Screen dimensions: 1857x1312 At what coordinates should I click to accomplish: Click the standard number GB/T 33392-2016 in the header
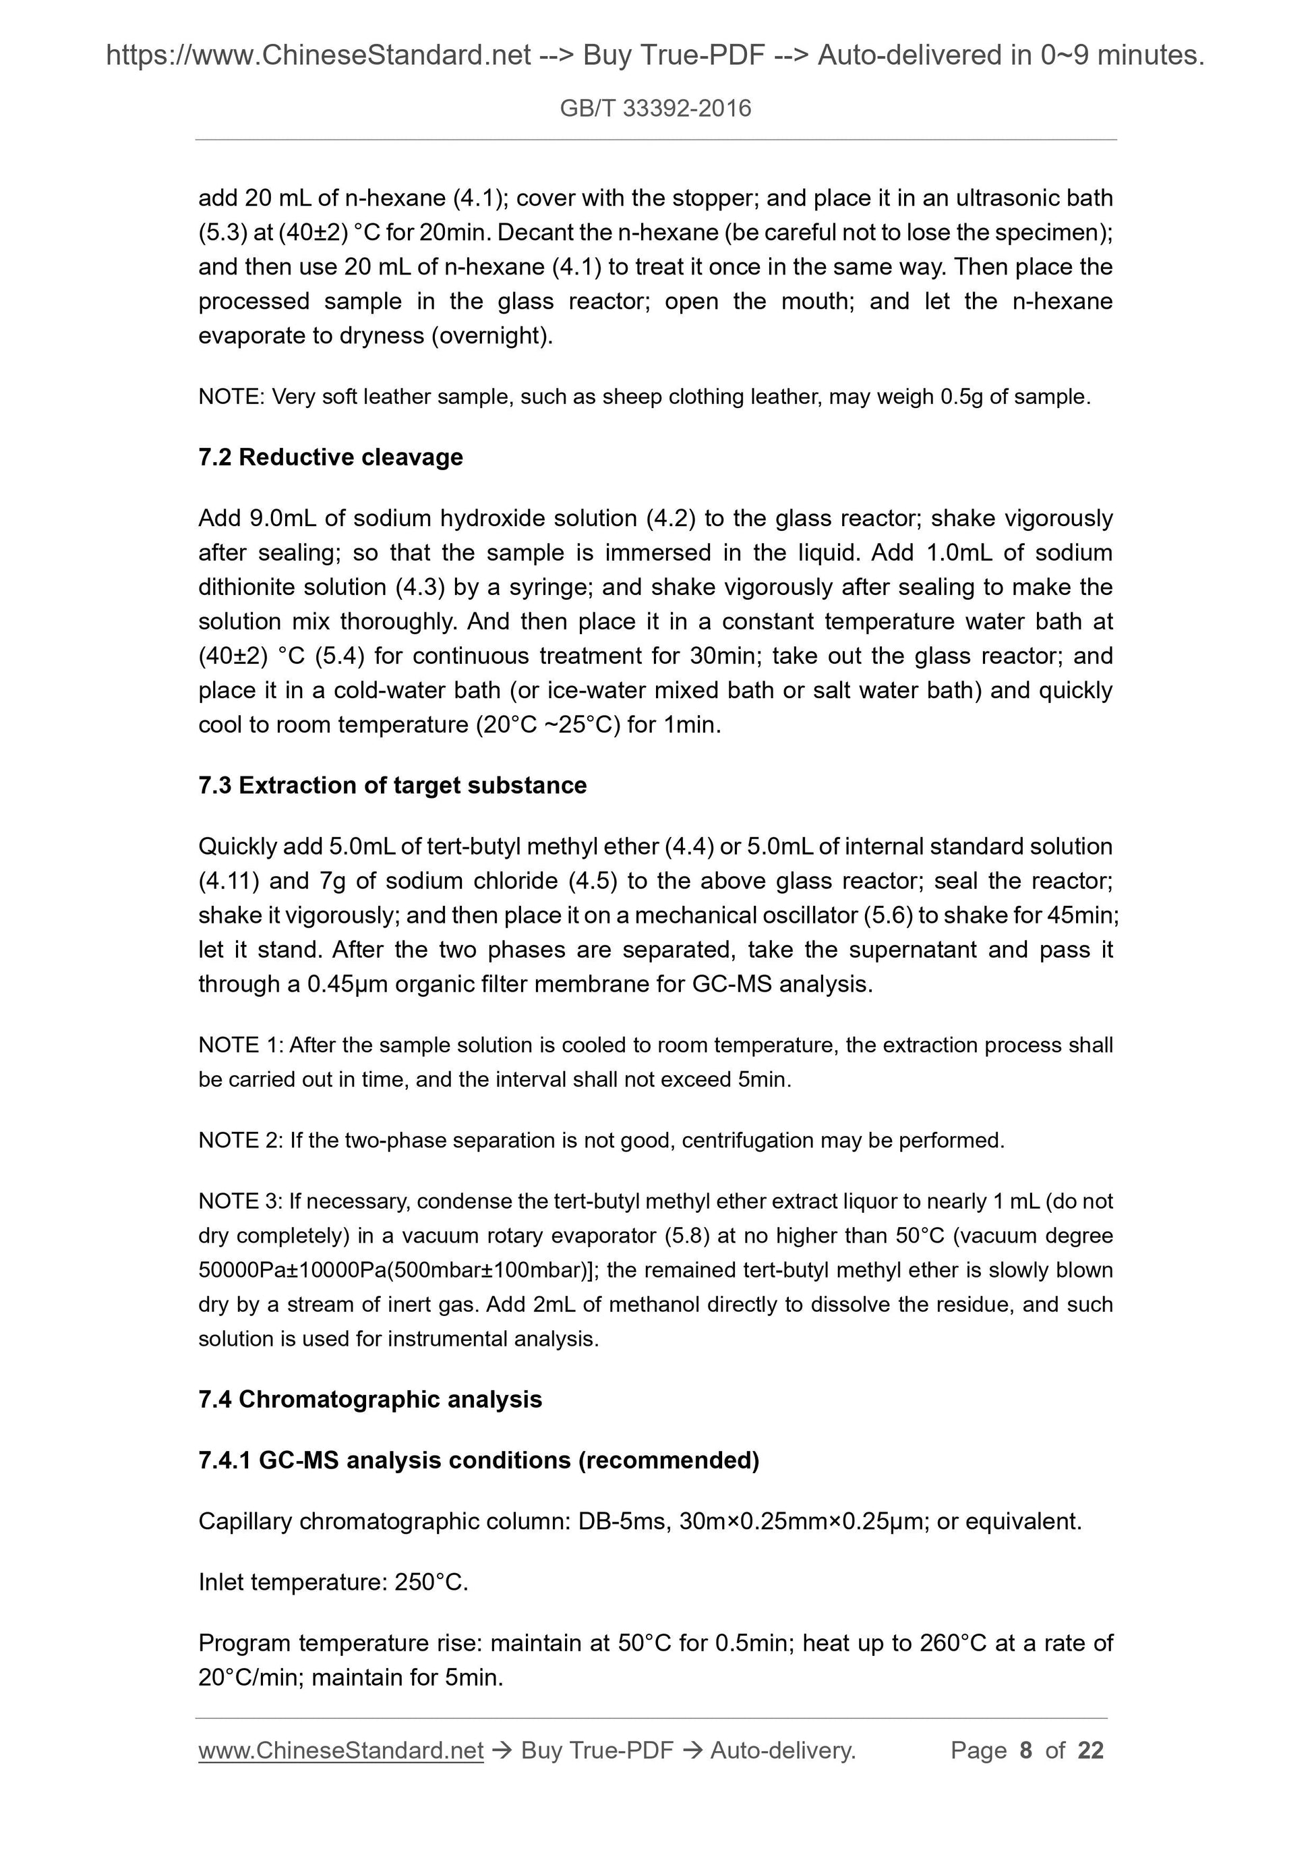655,109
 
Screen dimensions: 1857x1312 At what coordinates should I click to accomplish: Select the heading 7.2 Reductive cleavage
330,458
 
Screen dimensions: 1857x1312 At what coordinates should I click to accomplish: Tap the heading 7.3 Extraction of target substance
392,785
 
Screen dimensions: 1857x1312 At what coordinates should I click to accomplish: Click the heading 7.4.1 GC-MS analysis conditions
479,1460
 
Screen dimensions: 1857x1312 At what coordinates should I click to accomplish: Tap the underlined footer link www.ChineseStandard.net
341,1750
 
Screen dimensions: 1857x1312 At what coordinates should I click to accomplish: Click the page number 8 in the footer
1026,1750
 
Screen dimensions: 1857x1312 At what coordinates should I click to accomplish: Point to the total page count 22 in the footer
1090,1750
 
